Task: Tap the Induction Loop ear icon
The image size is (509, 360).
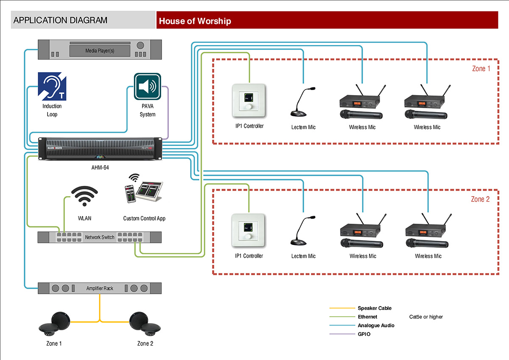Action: (53, 87)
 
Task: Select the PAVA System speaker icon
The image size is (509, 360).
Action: (147, 87)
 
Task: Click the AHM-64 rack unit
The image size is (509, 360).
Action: (100, 149)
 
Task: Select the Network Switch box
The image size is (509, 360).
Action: (100, 237)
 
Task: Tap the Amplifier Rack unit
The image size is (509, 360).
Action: (100, 288)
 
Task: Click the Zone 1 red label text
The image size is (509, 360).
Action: (481, 68)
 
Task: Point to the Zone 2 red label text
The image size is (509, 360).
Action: (480, 199)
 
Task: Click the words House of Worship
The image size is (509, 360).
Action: (195, 21)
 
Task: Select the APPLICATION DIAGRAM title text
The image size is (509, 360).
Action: (60, 20)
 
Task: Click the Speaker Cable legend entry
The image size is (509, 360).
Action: (375, 308)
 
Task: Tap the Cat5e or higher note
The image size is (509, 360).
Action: (426, 317)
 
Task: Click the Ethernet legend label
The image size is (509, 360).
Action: (367, 317)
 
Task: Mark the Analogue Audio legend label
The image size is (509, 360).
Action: (376, 326)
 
